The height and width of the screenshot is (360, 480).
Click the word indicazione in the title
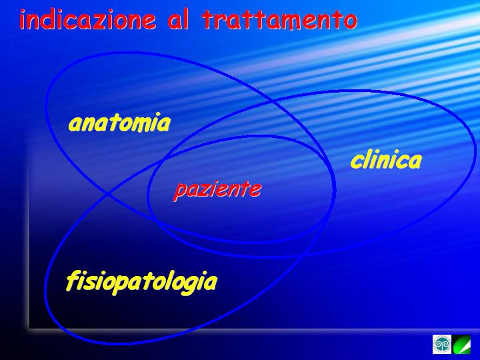[x=87, y=19]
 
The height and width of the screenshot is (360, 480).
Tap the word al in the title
[x=178, y=19]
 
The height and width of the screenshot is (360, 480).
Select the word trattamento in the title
[x=279, y=19]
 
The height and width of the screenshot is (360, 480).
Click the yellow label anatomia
[x=119, y=123]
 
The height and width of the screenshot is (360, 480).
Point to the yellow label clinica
[x=386, y=160]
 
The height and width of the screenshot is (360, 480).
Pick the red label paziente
[x=217, y=190]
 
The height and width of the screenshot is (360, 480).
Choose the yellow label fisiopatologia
[x=141, y=282]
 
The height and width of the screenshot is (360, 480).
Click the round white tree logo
[x=442, y=344]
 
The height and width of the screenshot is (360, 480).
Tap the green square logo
[x=462, y=345]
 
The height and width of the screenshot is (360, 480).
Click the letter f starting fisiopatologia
[x=72, y=281]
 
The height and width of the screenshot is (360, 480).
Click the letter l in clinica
[x=368, y=159]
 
